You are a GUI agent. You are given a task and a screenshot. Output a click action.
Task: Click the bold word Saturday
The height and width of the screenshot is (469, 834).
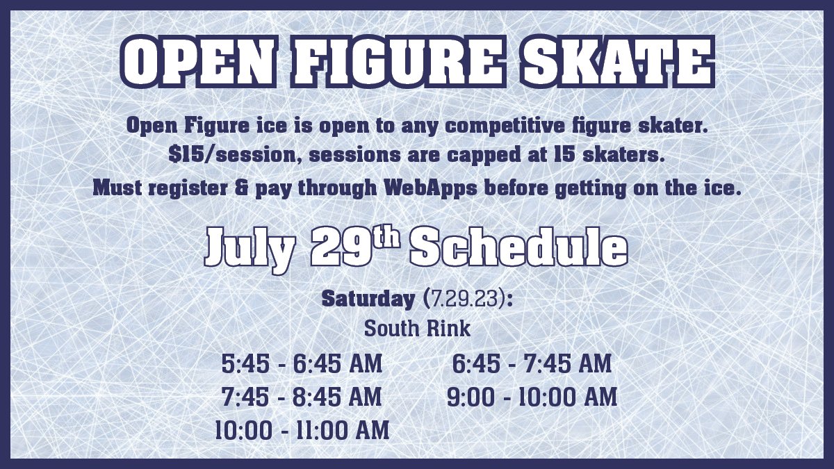point(368,300)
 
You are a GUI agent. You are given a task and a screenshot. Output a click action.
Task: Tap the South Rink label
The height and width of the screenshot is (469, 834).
point(417,329)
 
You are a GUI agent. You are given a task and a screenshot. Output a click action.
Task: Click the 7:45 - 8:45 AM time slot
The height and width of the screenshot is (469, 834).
point(302,397)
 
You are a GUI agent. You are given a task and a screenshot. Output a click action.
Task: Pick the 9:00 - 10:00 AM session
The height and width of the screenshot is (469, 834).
point(532,397)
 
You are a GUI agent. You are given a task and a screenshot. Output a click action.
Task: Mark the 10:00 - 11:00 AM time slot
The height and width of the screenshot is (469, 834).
point(302,429)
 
